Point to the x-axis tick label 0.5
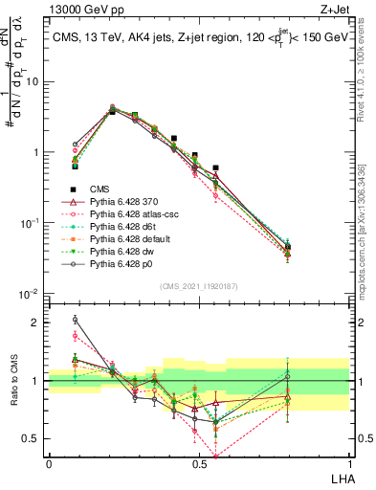(x=198, y=463)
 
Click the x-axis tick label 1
(x=349, y=463)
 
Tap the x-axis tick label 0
(x=49, y=463)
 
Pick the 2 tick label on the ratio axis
(x=38, y=323)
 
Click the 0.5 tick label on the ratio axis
(x=33, y=439)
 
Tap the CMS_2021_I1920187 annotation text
(x=198, y=284)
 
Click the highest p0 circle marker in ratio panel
(x=76, y=320)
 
